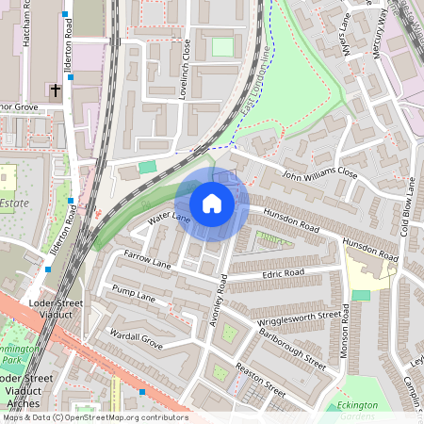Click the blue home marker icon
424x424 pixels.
click(212, 203)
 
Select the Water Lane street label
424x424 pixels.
click(170, 220)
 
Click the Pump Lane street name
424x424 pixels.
click(133, 295)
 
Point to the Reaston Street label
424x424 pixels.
click(260, 379)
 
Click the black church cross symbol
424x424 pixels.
click(56, 91)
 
